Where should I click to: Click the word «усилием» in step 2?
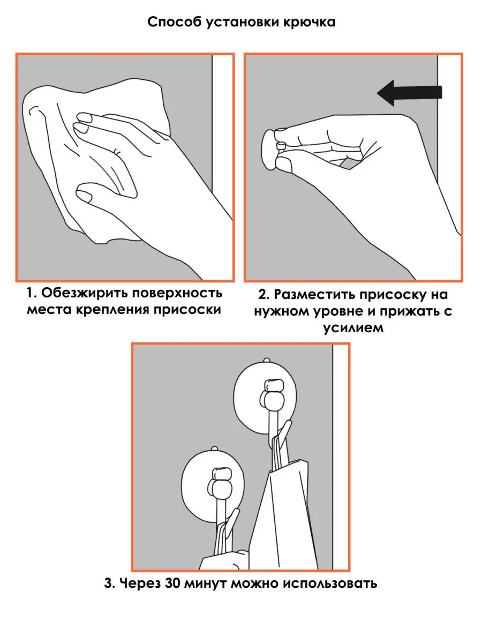click(353, 327)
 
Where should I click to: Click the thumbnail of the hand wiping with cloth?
click(125, 168)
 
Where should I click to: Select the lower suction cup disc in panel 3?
click(213, 482)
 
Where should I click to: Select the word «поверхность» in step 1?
click(177, 293)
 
